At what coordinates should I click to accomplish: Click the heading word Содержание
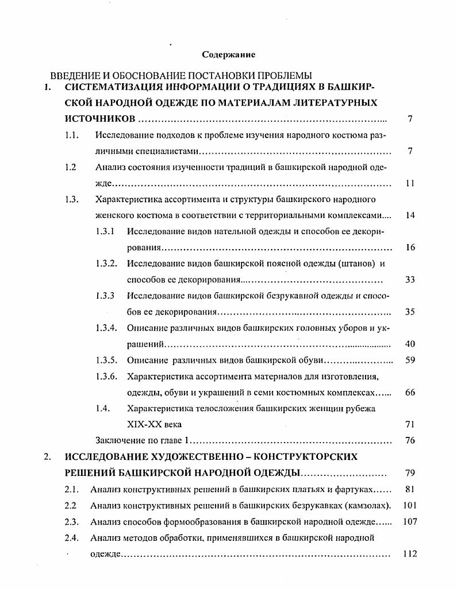coord(228,55)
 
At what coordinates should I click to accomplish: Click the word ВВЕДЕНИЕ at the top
coord(74,76)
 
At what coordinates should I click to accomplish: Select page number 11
coord(410,184)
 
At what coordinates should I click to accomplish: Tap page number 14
coord(410,216)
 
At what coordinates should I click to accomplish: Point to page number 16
coord(410,247)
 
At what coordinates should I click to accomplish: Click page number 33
coord(410,280)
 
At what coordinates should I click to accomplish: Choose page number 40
coord(410,344)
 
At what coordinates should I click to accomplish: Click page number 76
coord(410,440)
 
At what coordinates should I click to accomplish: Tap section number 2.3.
coord(71,522)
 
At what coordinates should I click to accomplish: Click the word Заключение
coord(118,440)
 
